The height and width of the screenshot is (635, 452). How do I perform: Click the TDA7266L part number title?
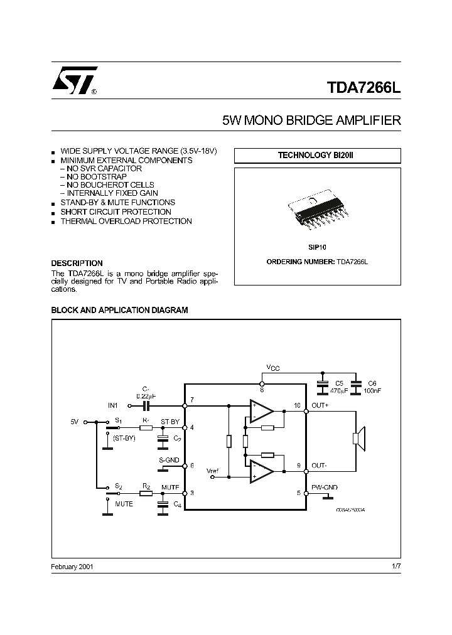tap(362, 88)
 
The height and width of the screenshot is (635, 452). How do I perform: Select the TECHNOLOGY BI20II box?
tap(317, 155)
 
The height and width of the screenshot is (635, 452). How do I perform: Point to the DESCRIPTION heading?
tap(77, 263)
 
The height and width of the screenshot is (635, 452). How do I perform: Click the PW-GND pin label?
tap(324, 488)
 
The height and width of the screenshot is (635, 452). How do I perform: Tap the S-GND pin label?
tap(169, 460)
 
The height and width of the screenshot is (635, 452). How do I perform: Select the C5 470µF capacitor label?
tap(339, 387)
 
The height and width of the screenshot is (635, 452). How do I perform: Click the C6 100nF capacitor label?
tap(372, 387)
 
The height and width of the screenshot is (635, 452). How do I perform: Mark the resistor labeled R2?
tap(146, 493)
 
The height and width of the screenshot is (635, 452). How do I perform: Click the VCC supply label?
tap(272, 368)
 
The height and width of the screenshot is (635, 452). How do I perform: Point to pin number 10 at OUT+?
tap(298, 405)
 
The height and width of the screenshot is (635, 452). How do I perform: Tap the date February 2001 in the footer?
tap(72, 566)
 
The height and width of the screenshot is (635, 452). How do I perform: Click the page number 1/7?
tap(395, 566)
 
